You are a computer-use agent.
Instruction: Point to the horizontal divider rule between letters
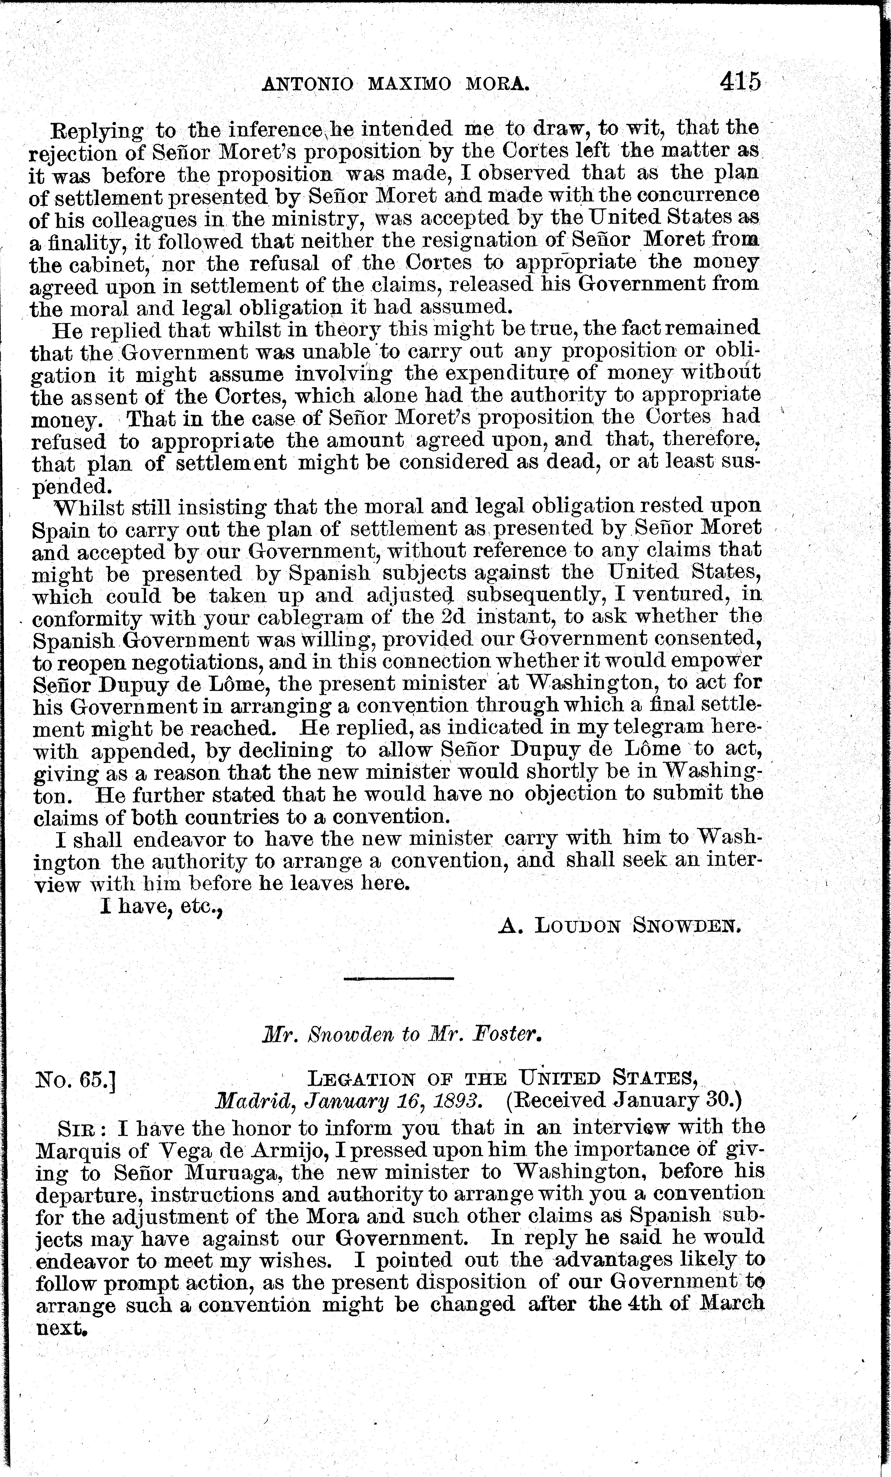[399, 979]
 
